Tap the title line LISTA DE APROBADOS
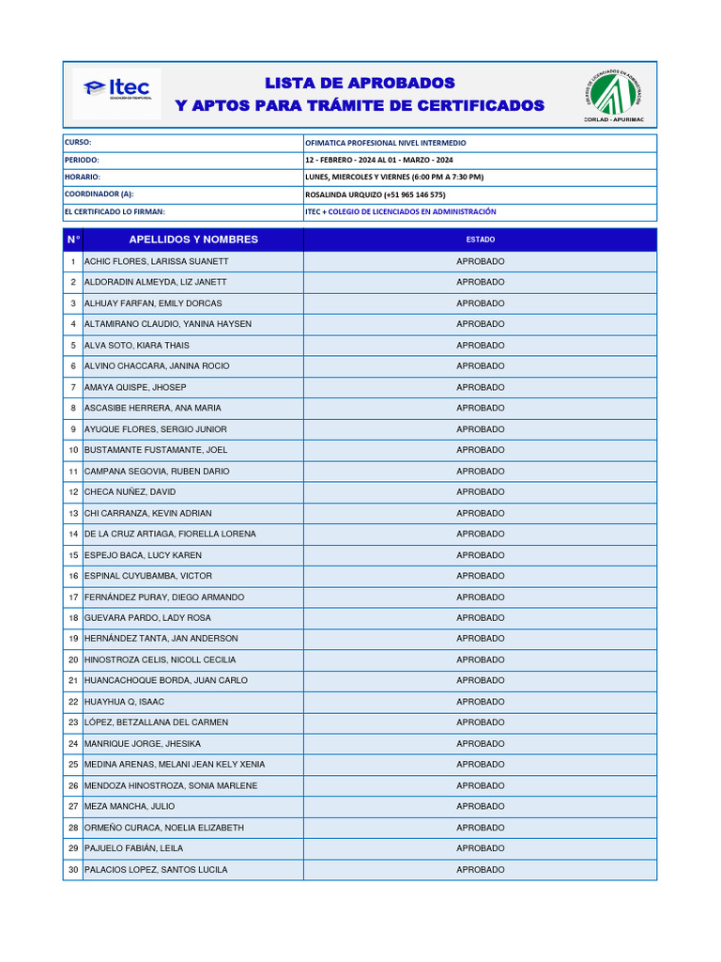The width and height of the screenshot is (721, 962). click(x=360, y=84)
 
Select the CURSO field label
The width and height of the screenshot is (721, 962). click(x=78, y=143)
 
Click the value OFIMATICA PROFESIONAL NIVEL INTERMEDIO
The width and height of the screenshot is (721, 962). click(x=385, y=143)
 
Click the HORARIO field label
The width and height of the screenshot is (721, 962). click(x=83, y=177)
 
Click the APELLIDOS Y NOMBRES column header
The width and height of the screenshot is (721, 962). click(x=193, y=240)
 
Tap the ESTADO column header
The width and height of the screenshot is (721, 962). click(x=480, y=240)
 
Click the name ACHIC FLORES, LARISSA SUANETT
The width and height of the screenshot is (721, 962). click(x=156, y=261)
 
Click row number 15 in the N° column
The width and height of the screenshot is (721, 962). click(x=73, y=555)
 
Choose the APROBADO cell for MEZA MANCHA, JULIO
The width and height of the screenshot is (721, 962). click(x=480, y=806)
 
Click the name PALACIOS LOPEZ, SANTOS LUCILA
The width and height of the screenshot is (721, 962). click(x=156, y=870)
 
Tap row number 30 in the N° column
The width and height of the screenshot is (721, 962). click(x=73, y=870)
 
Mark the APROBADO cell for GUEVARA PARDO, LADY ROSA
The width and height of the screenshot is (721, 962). click(x=480, y=618)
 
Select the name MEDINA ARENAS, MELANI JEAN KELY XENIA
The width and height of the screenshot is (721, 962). click(x=175, y=765)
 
